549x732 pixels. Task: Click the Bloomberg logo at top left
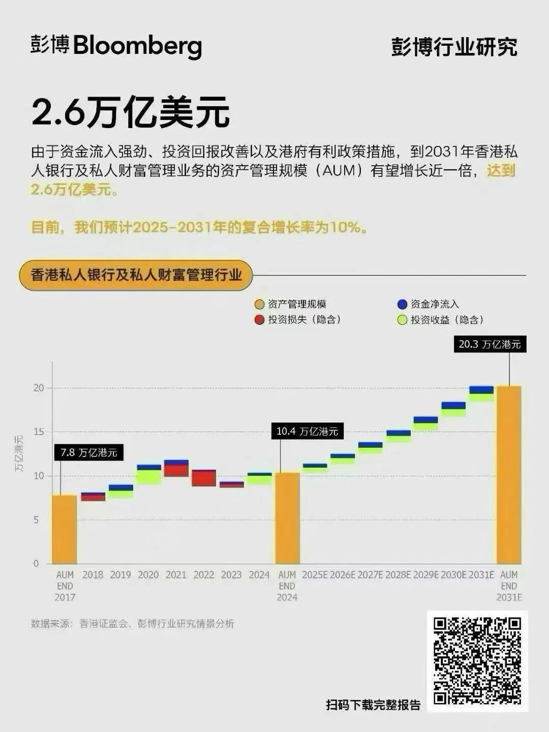coord(116,46)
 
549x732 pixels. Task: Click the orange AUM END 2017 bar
coord(65,529)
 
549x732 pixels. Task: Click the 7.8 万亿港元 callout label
coord(89,452)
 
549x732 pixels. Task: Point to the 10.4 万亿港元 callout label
coord(307,432)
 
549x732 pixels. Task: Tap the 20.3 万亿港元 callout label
coord(490,344)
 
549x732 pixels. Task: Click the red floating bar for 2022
coord(204,478)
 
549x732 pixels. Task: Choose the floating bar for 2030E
coord(453,409)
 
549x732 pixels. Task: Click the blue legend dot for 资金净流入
coord(402,304)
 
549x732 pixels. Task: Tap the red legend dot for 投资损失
coord(259,320)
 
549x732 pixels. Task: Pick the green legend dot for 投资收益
coord(402,320)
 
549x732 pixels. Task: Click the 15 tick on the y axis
coord(39,432)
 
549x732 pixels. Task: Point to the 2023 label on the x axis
coord(231,575)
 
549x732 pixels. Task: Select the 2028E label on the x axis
coord(398,575)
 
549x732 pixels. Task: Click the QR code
coord(477,661)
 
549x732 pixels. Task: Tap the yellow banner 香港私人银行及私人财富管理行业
coord(136,276)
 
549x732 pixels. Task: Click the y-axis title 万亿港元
coord(19,453)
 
